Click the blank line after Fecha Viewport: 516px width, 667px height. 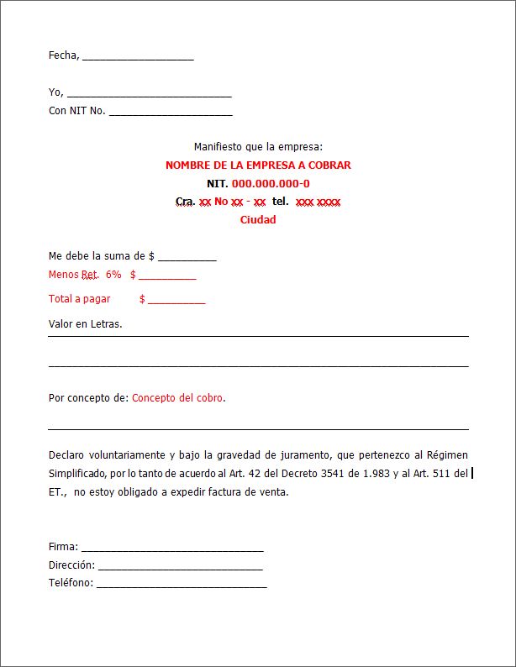tap(138, 57)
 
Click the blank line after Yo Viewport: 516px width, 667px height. tap(149, 94)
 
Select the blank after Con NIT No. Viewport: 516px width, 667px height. tap(171, 112)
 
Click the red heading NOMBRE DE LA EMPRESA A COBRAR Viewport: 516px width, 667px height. tap(258, 165)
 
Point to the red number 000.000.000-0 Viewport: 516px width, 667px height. tap(271, 184)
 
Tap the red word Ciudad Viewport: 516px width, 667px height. tap(258, 220)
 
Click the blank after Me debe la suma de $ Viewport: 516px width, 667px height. tap(187, 257)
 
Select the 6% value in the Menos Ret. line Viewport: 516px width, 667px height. tap(113, 275)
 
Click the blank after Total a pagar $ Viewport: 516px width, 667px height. tap(176, 300)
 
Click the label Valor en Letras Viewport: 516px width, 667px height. tap(85, 323)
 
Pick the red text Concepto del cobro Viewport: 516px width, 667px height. tap(177, 398)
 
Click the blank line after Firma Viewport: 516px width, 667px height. tap(172, 548)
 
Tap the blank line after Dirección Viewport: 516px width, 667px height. tap(180, 566)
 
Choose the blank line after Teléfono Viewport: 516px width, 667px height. tap(182, 584)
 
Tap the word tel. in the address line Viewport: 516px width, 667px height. tap(281, 202)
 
